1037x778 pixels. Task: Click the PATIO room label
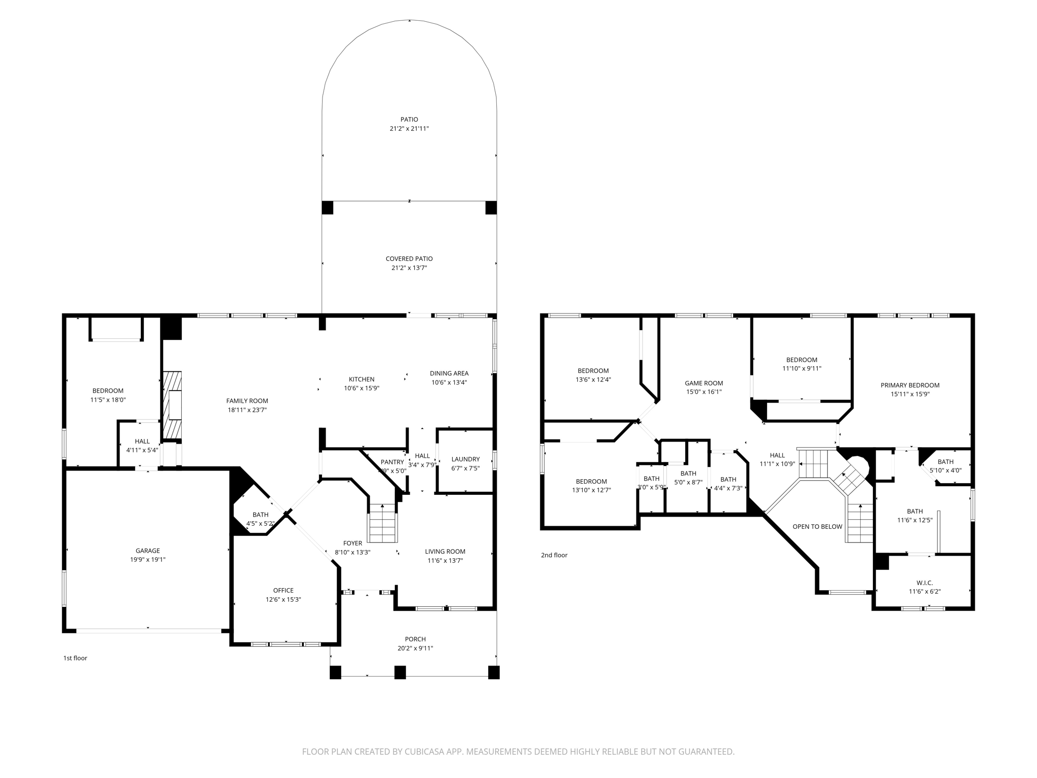point(409,120)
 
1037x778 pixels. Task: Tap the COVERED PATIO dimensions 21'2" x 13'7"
point(409,268)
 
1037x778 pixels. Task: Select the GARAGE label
point(147,551)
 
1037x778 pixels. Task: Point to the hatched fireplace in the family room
point(172,405)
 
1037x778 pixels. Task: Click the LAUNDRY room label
point(465,459)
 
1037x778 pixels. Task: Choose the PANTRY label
point(392,462)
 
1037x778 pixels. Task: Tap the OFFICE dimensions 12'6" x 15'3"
point(283,600)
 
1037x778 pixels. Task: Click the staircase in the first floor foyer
point(382,524)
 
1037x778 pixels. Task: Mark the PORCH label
point(415,639)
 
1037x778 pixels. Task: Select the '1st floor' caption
point(75,658)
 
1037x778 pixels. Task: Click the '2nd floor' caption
point(554,555)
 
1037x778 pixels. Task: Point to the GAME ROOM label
point(704,383)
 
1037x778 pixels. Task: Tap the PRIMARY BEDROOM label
point(910,385)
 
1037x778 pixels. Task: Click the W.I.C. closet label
point(925,583)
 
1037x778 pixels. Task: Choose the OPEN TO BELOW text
point(817,527)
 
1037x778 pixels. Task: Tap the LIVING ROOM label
point(445,552)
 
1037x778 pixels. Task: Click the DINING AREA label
point(449,373)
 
